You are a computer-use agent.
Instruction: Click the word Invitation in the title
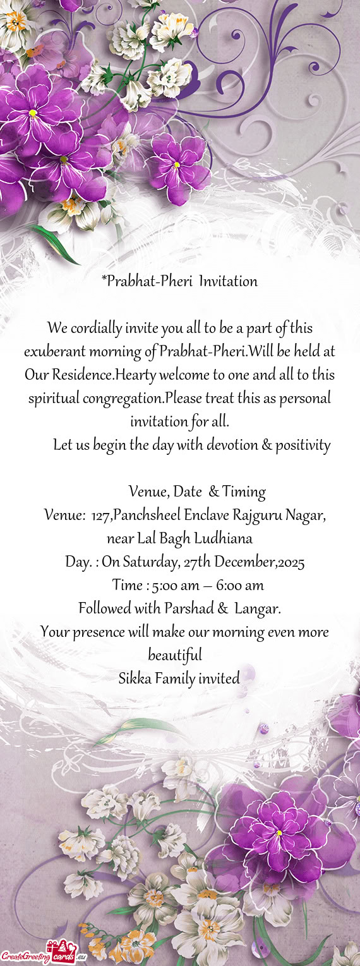[227, 282]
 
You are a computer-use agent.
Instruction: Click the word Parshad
[189, 609]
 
